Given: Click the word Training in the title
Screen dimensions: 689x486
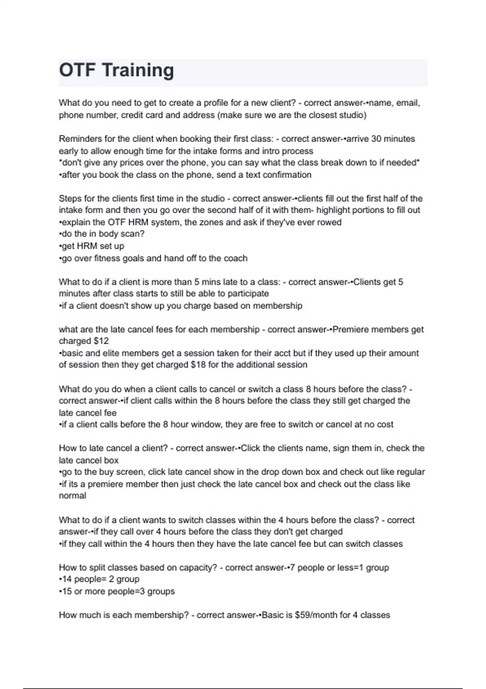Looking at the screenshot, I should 138,70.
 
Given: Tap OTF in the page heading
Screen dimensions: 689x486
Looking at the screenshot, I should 77,70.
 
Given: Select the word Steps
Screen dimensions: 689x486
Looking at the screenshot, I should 69,199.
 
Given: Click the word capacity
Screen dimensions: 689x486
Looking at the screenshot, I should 197,567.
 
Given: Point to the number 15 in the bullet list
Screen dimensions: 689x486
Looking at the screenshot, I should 67,591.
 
